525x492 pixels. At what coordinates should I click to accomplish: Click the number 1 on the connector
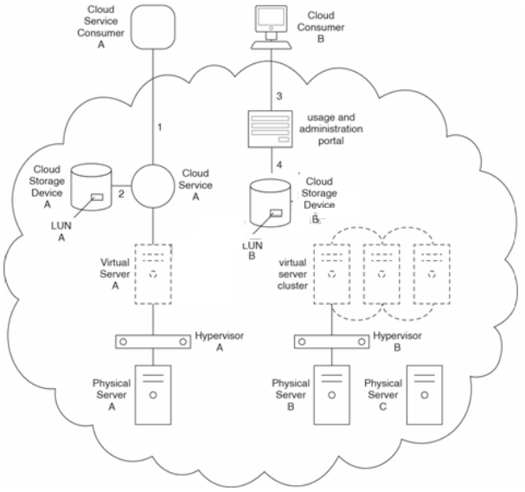[160, 127]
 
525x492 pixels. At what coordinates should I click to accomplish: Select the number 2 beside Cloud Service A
[121, 194]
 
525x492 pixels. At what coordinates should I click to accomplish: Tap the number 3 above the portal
[279, 93]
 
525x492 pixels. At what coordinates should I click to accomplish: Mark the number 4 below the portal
[279, 165]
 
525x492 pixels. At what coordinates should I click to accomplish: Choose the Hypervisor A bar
[153, 340]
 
